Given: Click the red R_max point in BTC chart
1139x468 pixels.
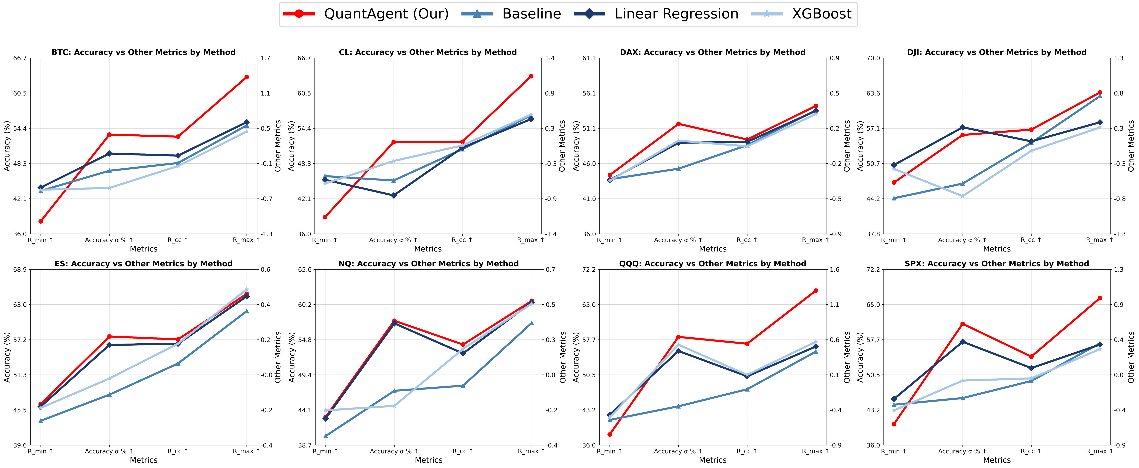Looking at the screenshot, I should pos(247,77).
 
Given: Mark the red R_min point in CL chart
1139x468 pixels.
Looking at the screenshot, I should pos(325,217).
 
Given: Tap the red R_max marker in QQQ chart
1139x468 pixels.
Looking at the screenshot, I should pos(816,291).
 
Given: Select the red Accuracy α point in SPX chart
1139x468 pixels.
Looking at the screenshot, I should pos(963,324).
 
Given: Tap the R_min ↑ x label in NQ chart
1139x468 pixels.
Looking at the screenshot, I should pos(325,451).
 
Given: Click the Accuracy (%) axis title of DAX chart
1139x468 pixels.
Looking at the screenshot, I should pos(576,146).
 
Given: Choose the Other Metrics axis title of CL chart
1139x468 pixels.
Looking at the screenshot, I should pos(562,146).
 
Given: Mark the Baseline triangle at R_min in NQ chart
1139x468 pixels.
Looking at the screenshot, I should pos(325,436).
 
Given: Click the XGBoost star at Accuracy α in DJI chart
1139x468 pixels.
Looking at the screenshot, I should pos(963,196).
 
